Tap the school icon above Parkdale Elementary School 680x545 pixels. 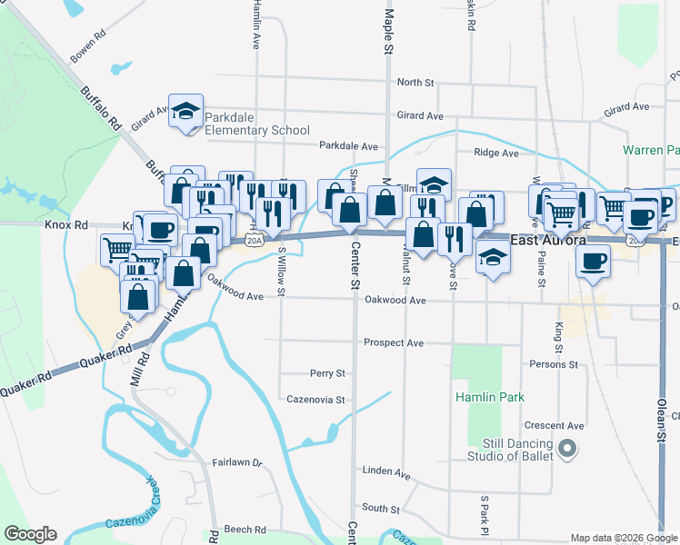[186, 112]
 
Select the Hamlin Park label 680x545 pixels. [490, 397]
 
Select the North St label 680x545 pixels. [415, 83]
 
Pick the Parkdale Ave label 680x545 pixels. [348, 145]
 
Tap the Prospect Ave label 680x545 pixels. [394, 343]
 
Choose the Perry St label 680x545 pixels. [327, 373]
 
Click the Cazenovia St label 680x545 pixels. [315, 399]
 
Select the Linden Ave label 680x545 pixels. [385, 472]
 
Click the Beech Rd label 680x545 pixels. [245, 530]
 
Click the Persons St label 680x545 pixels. [555, 364]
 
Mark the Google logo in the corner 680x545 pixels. [30, 534]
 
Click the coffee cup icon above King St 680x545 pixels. [594, 261]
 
